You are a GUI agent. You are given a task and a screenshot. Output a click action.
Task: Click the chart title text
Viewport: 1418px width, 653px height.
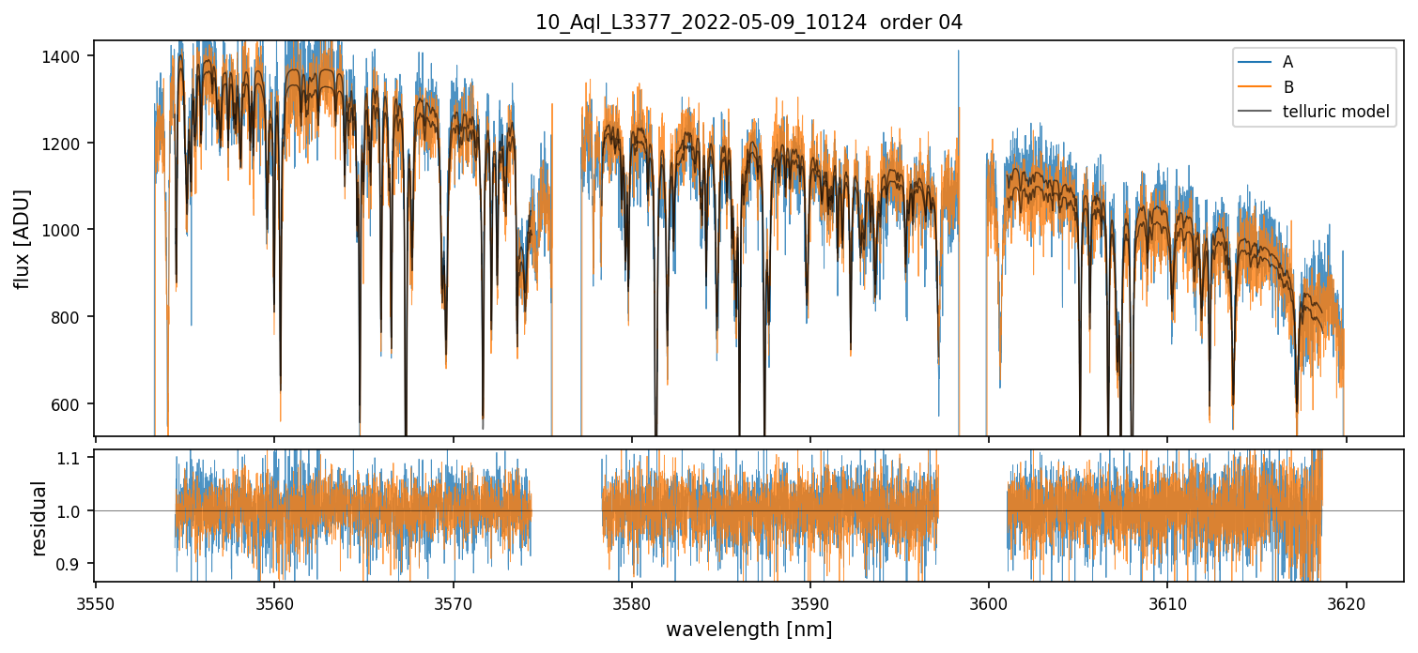(748, 23)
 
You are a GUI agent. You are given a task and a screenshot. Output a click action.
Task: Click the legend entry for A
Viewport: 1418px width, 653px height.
(1287, 62)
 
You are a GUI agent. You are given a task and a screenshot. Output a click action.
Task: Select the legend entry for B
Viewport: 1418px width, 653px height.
(1288, 87)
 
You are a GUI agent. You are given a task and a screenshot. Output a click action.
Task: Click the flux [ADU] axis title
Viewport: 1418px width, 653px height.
(22, 238)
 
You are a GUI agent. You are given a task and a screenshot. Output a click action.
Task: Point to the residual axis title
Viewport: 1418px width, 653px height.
(39, 518)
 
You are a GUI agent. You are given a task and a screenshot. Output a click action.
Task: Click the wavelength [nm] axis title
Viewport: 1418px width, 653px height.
(748, 630)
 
